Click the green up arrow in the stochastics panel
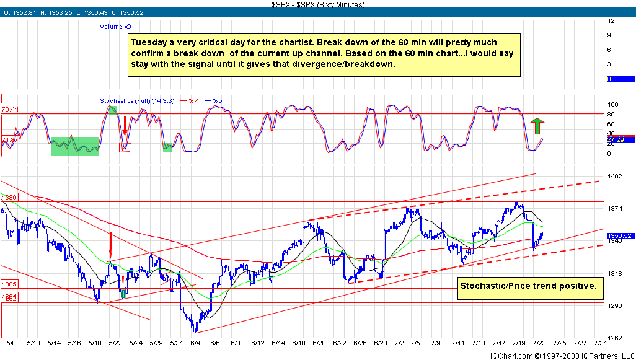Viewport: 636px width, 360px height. pos(537,126)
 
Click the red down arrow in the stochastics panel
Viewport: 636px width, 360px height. pos(125,126)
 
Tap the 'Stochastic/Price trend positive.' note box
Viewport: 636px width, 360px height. pos(529,286)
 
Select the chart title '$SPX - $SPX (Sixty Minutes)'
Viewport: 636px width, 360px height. pos(318,4)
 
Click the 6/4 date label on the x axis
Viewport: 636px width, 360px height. pos(195,343)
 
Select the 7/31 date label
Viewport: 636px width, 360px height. pos(599,343)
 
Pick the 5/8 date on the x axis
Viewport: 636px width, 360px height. pos(12,343)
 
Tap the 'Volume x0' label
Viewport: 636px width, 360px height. pos(115,27)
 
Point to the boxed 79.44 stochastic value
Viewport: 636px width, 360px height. pos(9,110)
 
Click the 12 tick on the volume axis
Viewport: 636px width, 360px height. pos(611,20)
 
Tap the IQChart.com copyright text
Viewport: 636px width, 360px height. pos(562,355)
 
